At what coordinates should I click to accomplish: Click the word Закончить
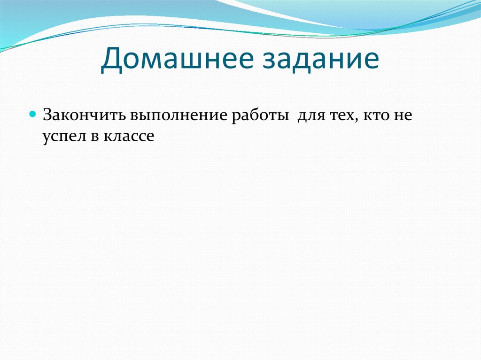[83, 115]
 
